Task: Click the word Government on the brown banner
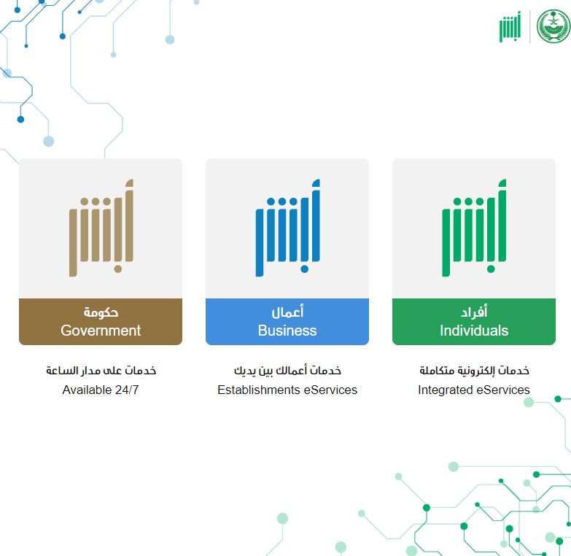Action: [x=101, y=331]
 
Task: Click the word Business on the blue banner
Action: [x=287, y=331]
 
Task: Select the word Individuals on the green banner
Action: [x=474, y=331]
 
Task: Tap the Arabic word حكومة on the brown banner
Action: [x=101, y=312]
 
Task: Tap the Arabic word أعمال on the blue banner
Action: [x=287, y=312]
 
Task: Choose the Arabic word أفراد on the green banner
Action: [x=474, y=312]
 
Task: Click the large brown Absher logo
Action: [x=101, y=228]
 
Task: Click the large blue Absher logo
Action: [x=287, y=228]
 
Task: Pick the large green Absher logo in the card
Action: [x=474, y=228]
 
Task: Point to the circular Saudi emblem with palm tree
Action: [x=553, y=26]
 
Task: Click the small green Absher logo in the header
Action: [x=510, y=26]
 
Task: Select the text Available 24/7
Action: [x=101, y=390]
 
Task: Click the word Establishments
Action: [x=259, y=390]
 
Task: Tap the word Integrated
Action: [x=446, y=390]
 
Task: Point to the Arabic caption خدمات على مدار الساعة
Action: [x=101, y=371]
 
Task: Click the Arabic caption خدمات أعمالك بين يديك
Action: [x=287, y=371]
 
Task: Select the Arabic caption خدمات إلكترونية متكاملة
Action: [x=474, y=371]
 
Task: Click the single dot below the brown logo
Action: [x=118, y=269]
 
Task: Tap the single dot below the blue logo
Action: [x=304, y=269]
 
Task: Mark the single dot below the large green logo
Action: [x=491, y=269]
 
